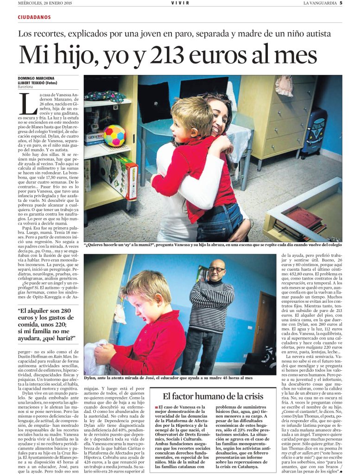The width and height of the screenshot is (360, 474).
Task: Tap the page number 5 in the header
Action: coord(341,3)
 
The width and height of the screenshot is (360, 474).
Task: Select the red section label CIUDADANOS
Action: coord(34,17)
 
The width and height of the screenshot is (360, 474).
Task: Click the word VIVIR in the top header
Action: coord(180,3)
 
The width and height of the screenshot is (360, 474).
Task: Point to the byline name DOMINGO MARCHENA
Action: coord(36,78)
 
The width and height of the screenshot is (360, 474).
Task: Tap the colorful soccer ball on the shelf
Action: coord(114,135)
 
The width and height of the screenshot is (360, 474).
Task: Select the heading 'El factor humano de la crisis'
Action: coord(213,396)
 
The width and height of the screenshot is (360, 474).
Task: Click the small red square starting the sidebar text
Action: coord(156,407)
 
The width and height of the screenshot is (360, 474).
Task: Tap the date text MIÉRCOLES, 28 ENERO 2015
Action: coord(45,3)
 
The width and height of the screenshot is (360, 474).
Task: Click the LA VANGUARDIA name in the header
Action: coord(320,3)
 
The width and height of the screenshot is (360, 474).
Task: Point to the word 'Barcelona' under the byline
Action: coord(25,87)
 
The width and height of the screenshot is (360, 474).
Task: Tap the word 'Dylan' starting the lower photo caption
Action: coord(91,378)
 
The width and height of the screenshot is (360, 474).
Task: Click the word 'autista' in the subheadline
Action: coord(317,34)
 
